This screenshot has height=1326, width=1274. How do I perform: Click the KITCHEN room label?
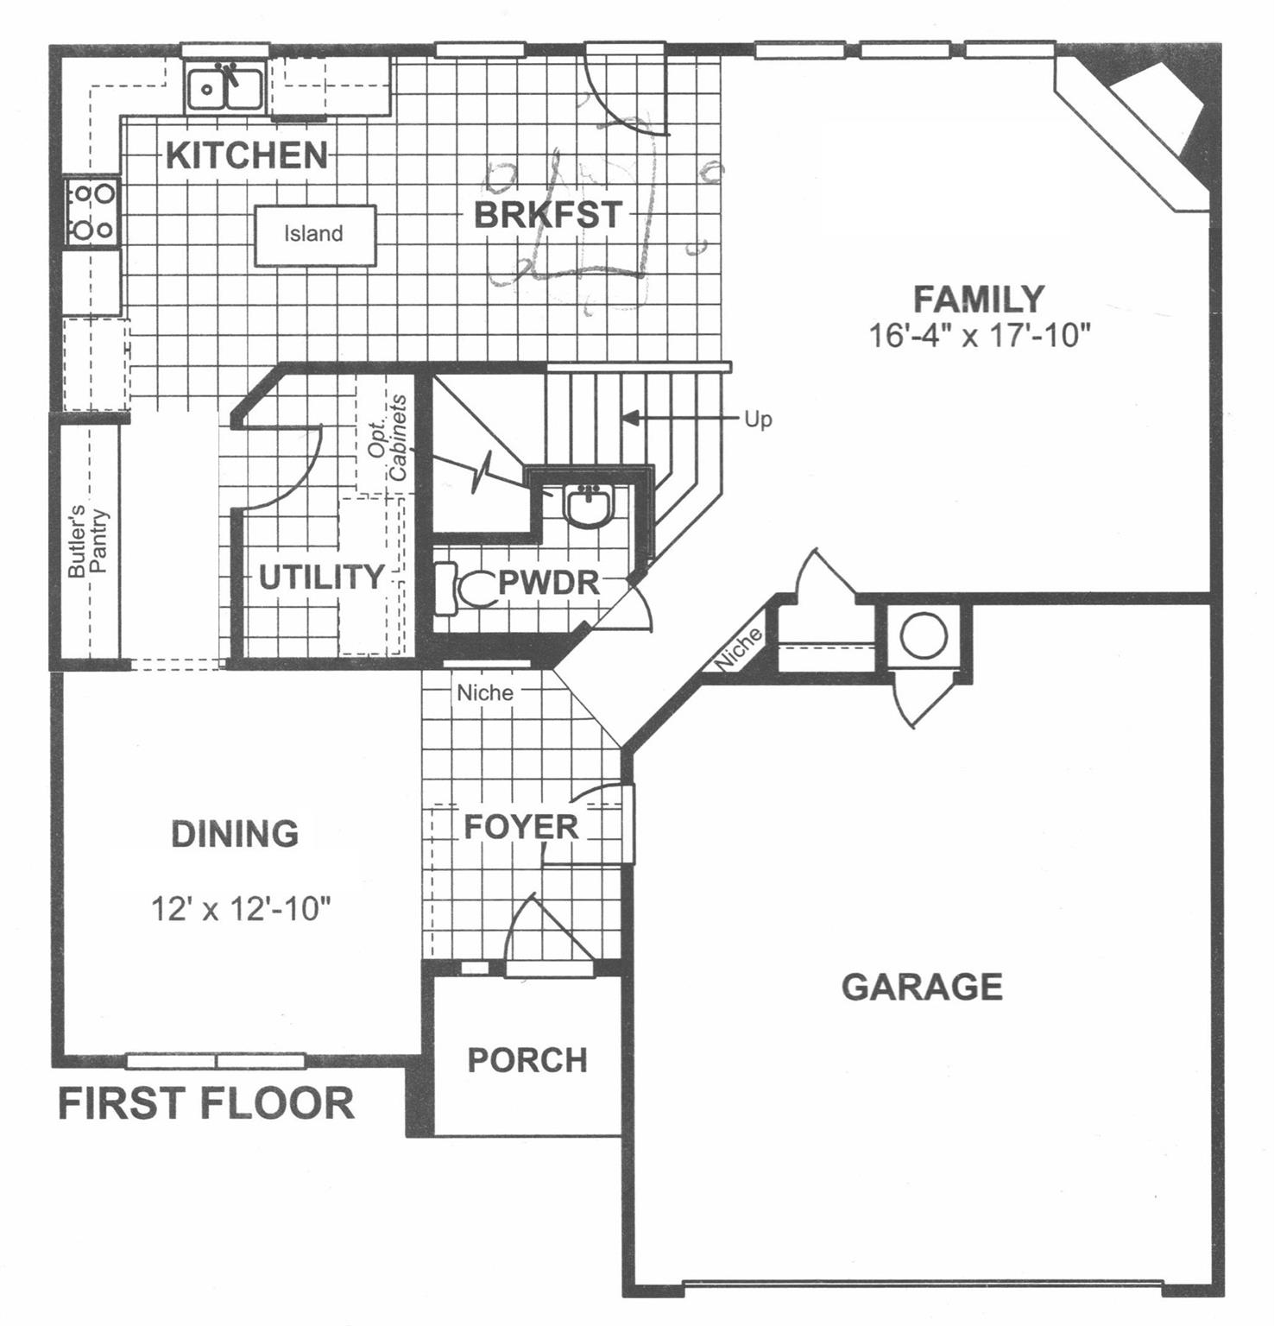click(x=247, y=155)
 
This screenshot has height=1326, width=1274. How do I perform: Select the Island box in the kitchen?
click(x=314, y=235)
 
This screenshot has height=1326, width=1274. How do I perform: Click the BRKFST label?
click(x=548, y=215)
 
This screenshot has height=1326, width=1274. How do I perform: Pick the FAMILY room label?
click(x=979, y=300)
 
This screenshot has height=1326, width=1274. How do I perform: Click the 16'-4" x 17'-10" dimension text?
click(x=979, y=335)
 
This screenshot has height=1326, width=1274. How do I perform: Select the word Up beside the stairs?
click(x=758, y=420)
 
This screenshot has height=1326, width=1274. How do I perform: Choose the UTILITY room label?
click(x=321, y=578)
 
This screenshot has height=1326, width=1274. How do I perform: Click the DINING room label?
click(x=235, y=834)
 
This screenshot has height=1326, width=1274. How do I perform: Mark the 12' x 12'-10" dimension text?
click(x=242, y=909)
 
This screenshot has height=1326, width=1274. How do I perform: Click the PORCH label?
click(x=527, y=1060)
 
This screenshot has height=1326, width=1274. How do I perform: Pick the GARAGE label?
click(x=922, y=986)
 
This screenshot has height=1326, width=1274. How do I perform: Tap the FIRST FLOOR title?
click(x=206, y=1103)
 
